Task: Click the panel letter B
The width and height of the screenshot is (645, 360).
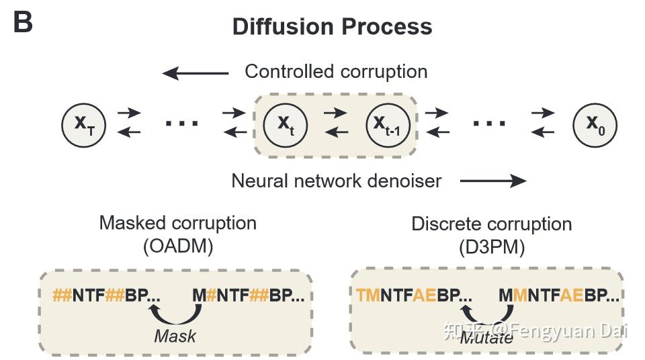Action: click(23, 21)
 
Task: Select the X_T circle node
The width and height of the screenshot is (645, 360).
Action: click(84, 125)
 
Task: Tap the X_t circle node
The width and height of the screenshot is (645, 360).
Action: click(286, 125)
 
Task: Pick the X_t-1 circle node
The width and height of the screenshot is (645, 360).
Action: click(388, 125)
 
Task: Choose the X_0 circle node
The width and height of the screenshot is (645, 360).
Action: click(595, 125)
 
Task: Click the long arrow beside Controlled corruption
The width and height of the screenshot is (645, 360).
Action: click(196, 74)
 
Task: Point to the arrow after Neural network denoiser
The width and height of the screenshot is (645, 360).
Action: click(493, 180)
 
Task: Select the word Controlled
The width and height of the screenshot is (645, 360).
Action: click(289, 72)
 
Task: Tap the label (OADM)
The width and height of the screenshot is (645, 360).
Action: click(178, 246)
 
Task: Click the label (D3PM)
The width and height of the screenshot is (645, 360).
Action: click(492, 247)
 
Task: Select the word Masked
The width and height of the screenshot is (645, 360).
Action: click(132, 223)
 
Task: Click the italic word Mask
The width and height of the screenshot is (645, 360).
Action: click(175, 336)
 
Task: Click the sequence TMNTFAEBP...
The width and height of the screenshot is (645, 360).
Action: click(415, 296)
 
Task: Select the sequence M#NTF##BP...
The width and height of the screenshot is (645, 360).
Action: click(249, 296)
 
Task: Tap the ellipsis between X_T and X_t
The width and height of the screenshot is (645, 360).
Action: click(182, 123)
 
